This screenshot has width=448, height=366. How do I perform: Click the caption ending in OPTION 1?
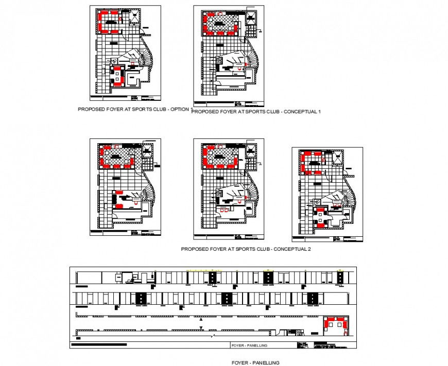[134, 110]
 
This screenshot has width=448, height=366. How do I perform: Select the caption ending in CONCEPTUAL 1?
[256, 112]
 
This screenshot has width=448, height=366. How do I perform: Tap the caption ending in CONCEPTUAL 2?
[246, 249]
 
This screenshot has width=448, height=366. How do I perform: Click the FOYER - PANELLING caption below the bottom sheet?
[255, 362]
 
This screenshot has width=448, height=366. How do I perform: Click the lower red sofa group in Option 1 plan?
[119, 77]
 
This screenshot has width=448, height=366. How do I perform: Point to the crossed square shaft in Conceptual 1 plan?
[251, 18]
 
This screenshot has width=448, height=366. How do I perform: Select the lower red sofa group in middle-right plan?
[323, 216]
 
